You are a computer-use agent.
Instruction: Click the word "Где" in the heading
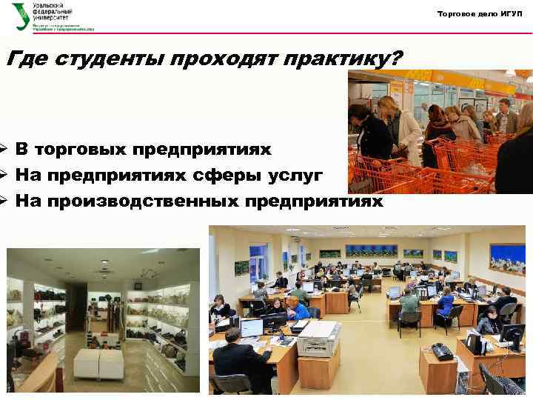[x=24, y=59]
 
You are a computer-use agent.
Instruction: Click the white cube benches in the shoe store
[x=98, y=364]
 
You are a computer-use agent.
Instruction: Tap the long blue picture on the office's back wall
[x=372, y=251]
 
